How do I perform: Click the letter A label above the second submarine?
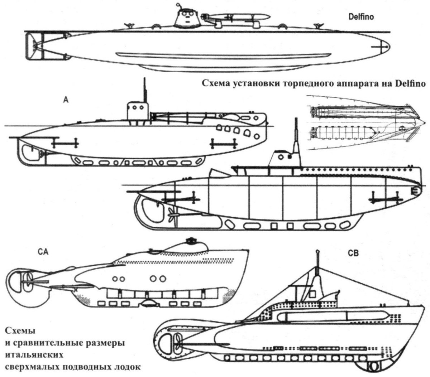(66, 101)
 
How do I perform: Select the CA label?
(43, 251)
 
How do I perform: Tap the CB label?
(353, 253)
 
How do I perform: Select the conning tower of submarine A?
(138, 111)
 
